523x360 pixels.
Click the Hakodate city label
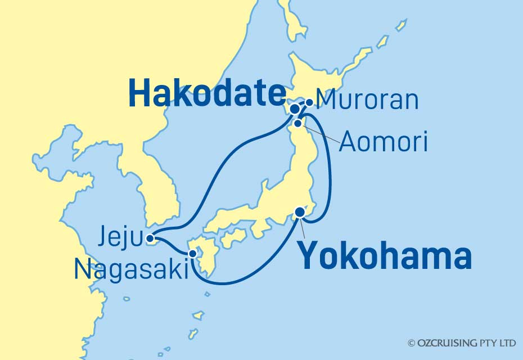(206, 93)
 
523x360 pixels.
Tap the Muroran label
(368, 100)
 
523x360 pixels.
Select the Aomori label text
(384, 142)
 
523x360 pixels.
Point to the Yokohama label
(384, 257)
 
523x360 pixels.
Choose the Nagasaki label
(130, 271)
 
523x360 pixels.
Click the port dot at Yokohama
(300, 212)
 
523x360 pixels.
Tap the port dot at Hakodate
(295, 108)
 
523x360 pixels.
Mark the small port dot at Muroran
(309, 103)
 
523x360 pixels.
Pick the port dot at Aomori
(298, 123)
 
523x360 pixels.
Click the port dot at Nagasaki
(193, 254)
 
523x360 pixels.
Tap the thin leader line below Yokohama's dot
(304, 228)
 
